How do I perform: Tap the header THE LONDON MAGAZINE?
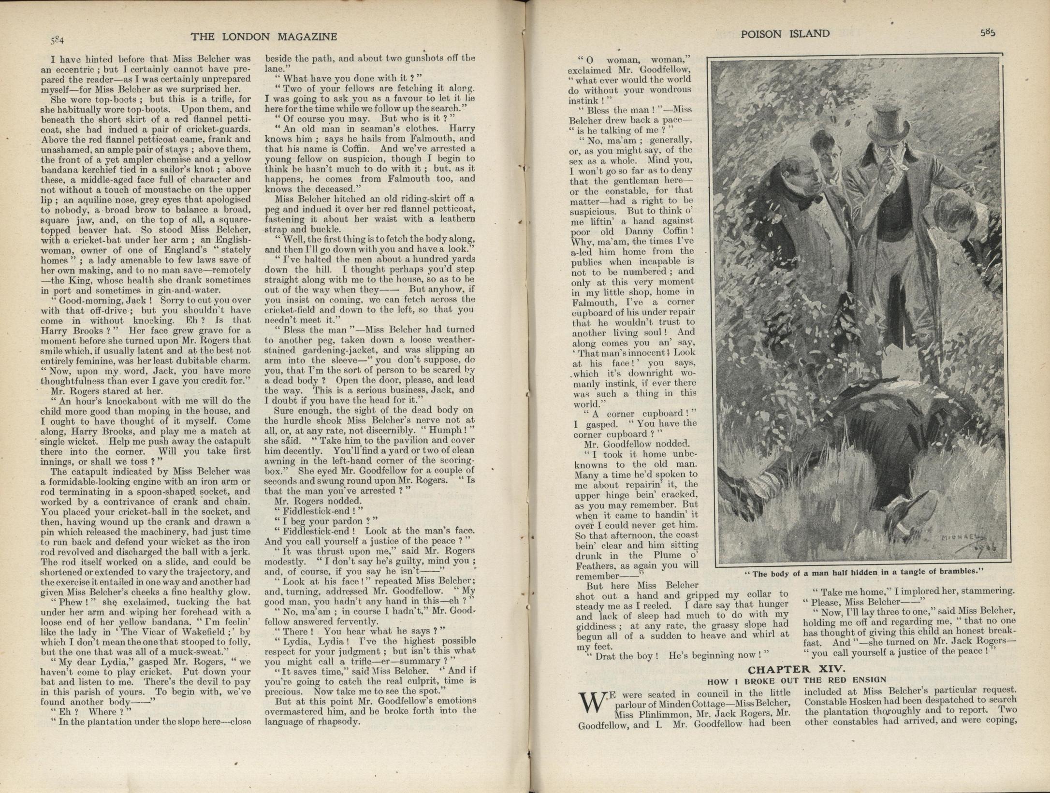pyautogui.click(x=263, y=37)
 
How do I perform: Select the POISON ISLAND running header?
pyautogui.click(x=785, y=34)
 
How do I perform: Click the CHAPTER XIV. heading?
pyautogui.click(x=796, y=669)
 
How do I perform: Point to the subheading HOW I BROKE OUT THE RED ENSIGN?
pyautogui.click(x=797, y=681)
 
